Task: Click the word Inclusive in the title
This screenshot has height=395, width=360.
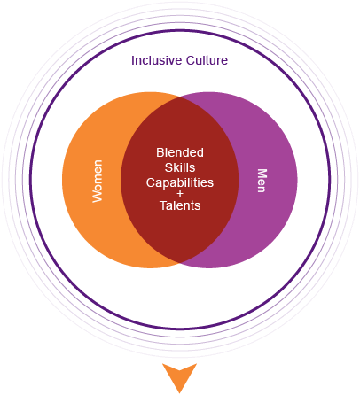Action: click(157, 60)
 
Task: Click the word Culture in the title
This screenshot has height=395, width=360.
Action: click(207, 60)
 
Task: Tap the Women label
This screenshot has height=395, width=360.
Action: click(98, 182)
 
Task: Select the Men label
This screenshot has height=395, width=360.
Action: click(262, 181)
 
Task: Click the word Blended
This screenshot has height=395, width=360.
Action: click(180, 152)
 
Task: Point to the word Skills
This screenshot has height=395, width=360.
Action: click(180, 167)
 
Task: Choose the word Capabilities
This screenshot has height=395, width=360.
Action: click(180, 183)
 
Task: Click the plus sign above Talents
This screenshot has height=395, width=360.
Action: click(180, 194)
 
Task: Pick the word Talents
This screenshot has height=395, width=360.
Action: click(180, 205)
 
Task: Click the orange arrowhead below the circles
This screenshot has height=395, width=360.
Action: click(179, 376)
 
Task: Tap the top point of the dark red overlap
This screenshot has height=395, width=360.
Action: click(180, 97)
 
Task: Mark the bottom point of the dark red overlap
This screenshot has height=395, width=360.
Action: click(180, 263)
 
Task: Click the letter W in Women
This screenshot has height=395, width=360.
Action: click(98, 197)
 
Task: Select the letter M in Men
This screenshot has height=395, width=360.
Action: click(262, 173)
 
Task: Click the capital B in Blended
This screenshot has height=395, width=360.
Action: click(160, 152)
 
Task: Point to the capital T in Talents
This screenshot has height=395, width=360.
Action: click(163, 205)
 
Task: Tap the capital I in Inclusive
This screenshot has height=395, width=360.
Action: click(133, 60)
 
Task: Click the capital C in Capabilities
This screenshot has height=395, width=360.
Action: click(150, 182)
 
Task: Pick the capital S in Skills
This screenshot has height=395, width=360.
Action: click(168, 167)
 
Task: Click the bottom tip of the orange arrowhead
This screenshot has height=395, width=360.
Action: click(179, 393)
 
